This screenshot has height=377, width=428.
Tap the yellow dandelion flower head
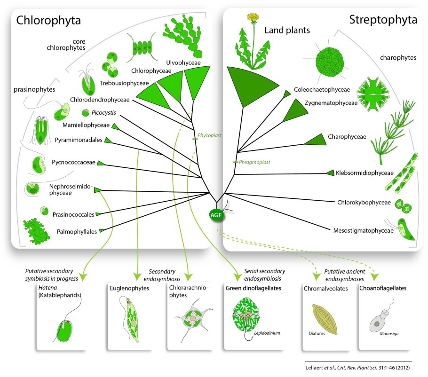pos(254,18)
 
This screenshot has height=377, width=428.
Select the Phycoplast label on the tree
pos(210,135)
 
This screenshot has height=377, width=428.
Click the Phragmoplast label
pos(255,162)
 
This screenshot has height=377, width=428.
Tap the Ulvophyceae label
pos(182,62)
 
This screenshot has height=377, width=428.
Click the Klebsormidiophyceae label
pos(365,173)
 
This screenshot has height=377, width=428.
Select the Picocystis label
pos(104,113)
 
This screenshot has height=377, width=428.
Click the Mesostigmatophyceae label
pos(363,231)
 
